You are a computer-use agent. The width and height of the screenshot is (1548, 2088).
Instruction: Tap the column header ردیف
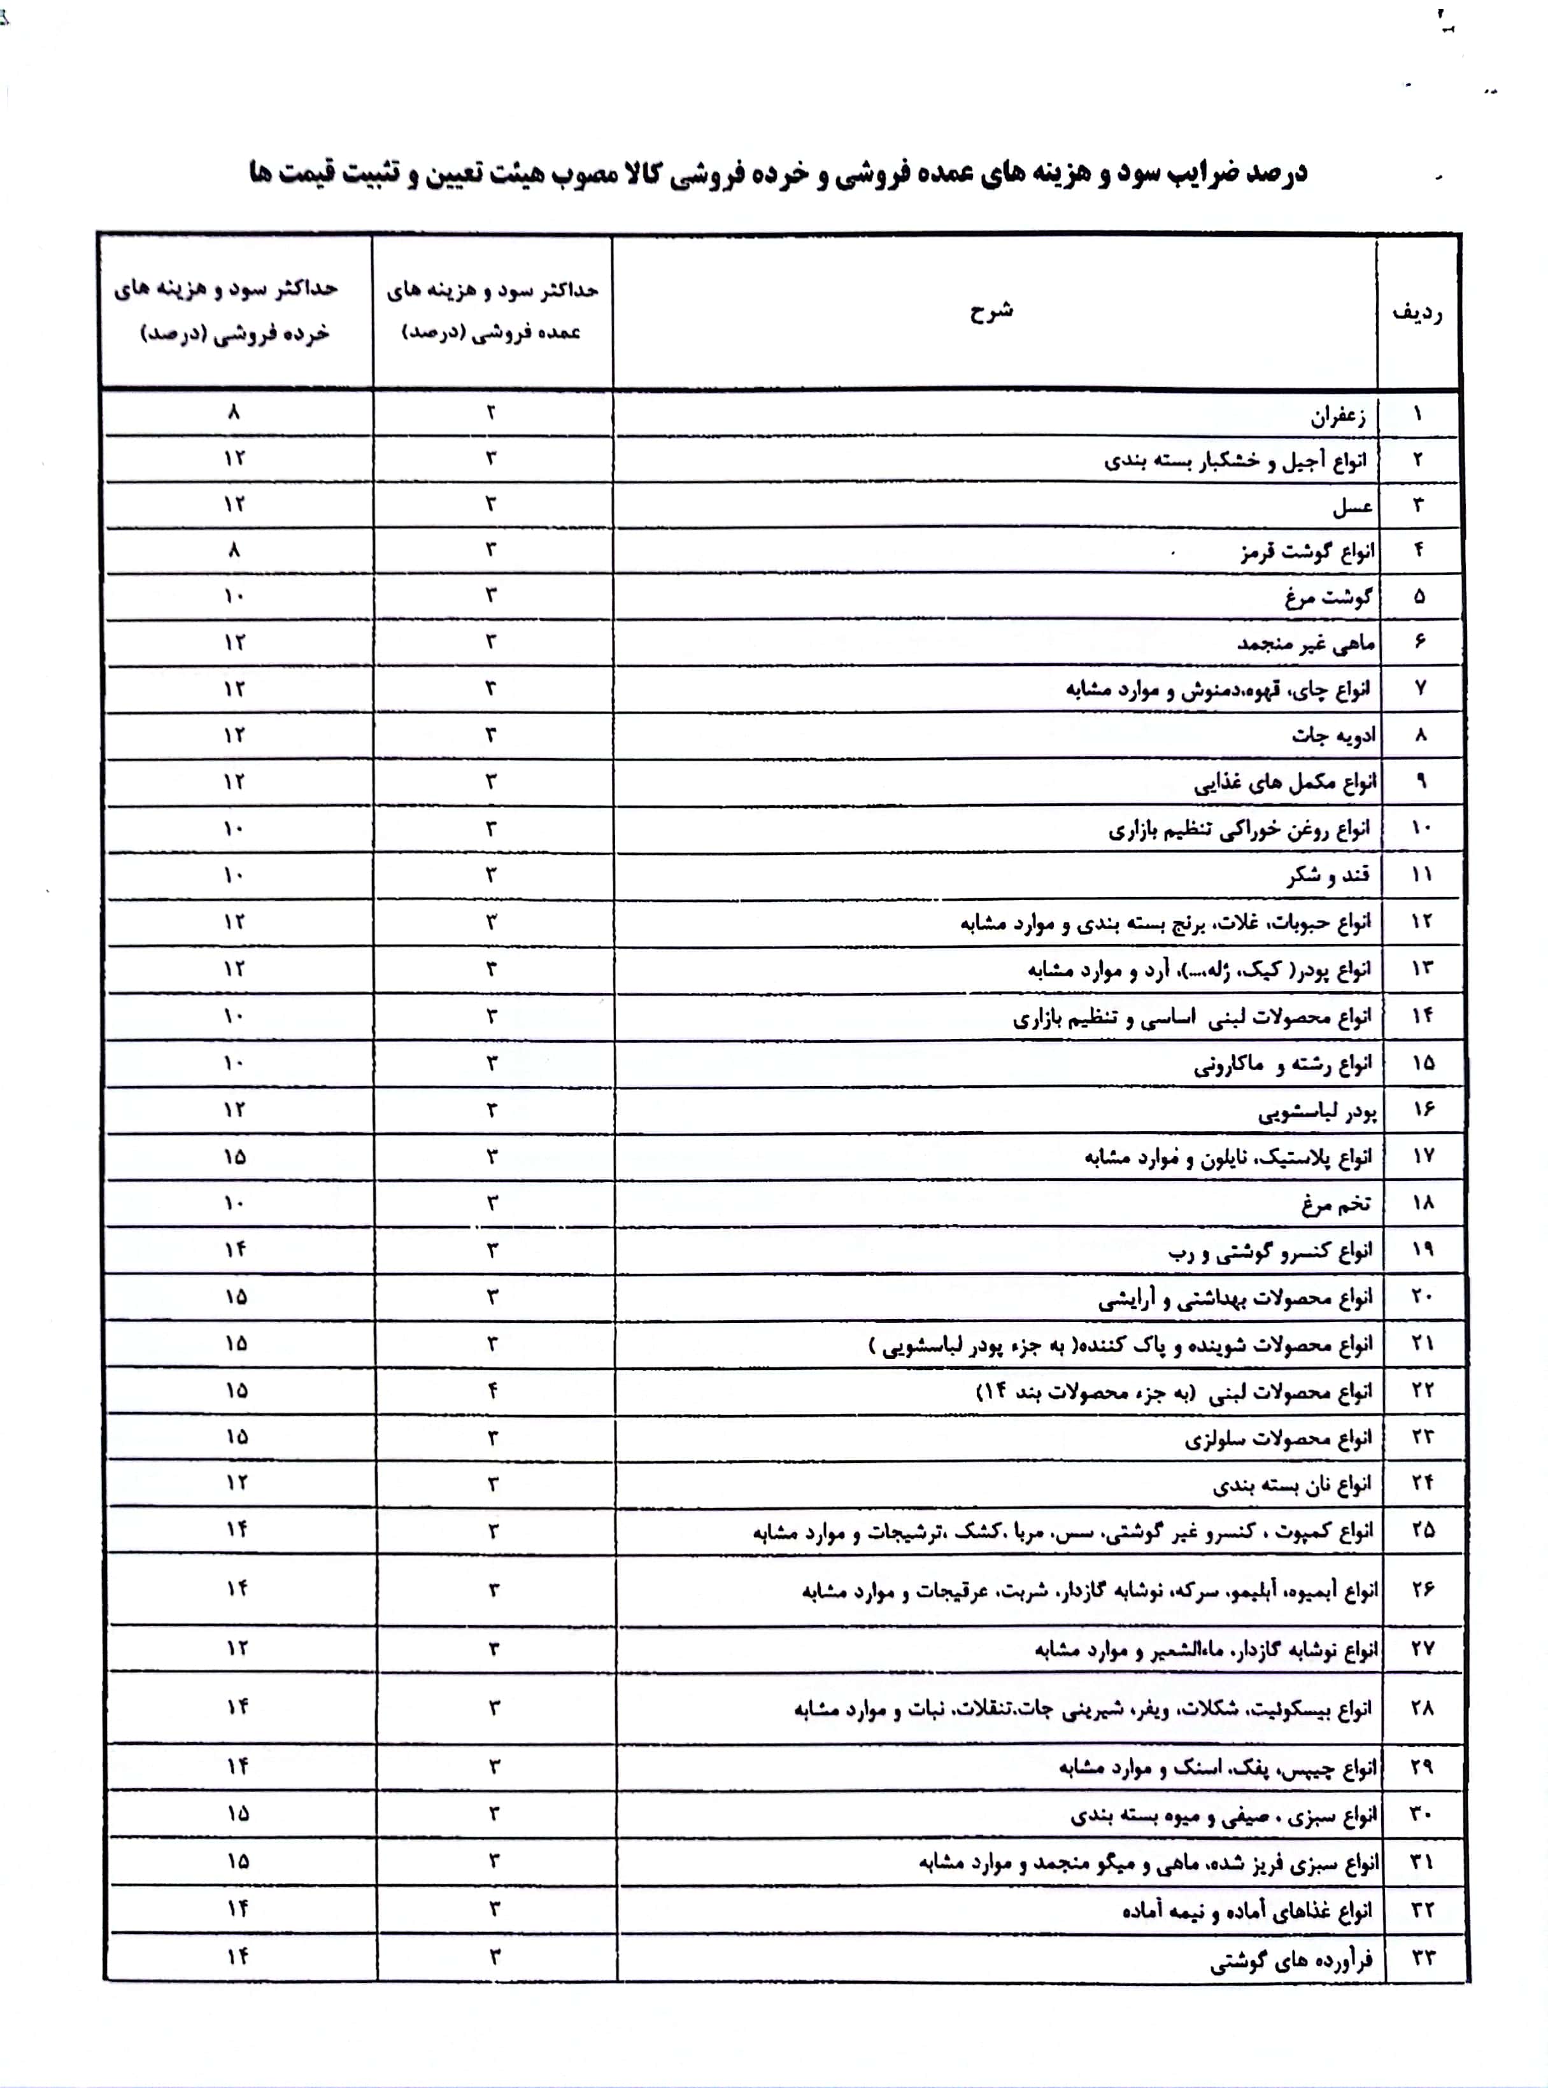point(1417,313)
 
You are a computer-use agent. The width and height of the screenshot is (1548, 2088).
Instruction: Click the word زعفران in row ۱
point(1337,415)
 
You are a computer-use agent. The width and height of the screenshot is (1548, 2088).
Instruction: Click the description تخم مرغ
point(1335,1204)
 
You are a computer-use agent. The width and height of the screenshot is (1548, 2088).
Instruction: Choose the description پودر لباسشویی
point(1317,1112)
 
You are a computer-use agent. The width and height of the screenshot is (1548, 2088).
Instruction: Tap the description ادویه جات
point(1333,735)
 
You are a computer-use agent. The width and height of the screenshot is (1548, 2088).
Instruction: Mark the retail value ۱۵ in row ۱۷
point(234,1157)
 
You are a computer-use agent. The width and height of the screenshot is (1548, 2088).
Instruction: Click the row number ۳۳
point(1423,1957)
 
